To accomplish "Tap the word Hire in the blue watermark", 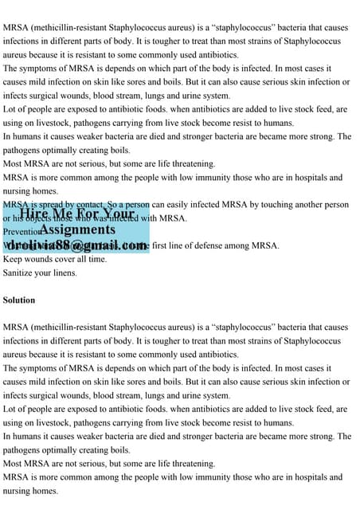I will (x=36, y=214).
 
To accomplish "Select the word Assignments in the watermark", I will (x=77, y=229).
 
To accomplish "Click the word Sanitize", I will (x=22, y=273).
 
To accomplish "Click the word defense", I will (x=221, y=245).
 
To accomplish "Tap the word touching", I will (x=268, y=204).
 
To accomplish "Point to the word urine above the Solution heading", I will (x=200, y=96).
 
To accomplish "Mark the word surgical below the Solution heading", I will (x=52, y=395).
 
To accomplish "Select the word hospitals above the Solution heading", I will (x=307, y=177).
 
